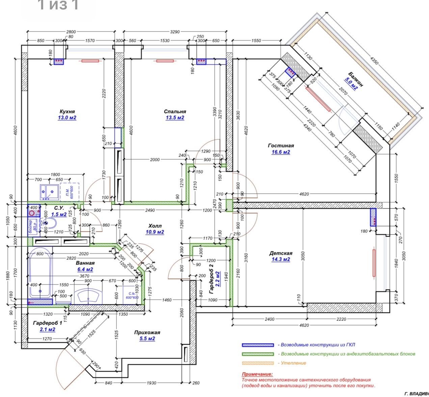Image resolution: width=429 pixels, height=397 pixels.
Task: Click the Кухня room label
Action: point(67,111)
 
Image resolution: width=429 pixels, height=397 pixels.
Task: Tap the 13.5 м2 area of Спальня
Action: point(175,118)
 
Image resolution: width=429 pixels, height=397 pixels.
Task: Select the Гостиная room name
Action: point(281,146)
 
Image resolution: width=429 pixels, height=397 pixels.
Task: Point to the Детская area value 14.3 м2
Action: point(281,259)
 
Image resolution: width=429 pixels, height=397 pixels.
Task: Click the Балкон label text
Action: point(356,79)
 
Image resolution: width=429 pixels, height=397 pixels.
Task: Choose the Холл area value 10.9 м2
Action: point(155,232)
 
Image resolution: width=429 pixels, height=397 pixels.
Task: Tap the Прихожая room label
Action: point(147,332)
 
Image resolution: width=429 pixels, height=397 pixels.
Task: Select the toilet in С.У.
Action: point(49,223)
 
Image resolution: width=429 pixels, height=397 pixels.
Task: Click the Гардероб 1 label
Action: point(48,323)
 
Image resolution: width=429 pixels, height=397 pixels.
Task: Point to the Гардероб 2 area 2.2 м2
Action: point(218,279)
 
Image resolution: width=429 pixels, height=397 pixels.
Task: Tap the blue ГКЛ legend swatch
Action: point(258,345)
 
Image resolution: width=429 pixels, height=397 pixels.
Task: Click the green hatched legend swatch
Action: point(258,354)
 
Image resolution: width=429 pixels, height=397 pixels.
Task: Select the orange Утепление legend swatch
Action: point(258,363)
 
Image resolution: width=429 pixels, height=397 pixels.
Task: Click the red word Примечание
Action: point(257,374)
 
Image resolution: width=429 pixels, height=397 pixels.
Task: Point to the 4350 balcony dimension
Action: point(374,61)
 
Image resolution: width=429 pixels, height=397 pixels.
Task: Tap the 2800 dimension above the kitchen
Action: point(71,32)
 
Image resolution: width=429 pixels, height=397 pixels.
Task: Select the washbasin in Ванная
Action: point(88,296)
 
